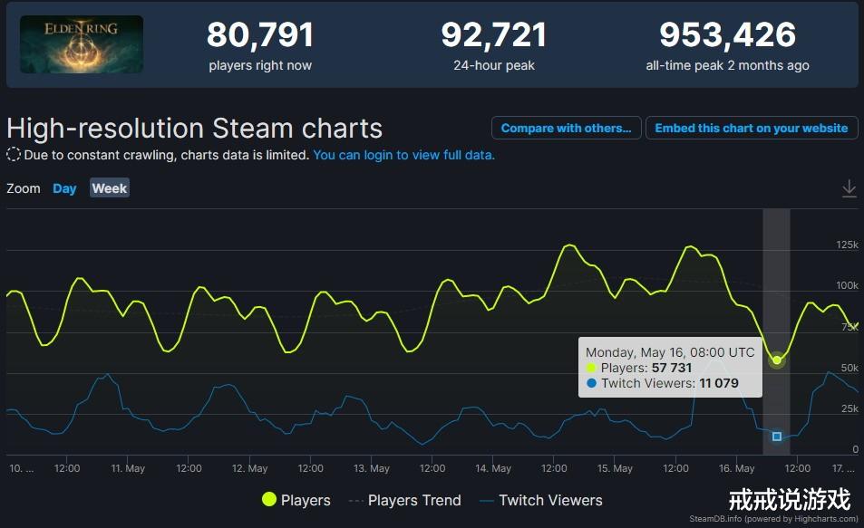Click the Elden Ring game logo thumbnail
pos(82,44)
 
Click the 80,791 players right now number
pos(260,35)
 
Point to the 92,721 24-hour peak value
pos(494,35)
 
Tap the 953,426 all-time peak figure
pos(727,35)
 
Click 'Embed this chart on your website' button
pos(752,128)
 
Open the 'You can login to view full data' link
pos(403,155)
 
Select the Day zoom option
pos(64,188)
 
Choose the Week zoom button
pos(110,188)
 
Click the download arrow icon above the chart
pos(849,188)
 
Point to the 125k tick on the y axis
pos(847,245)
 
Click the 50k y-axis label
pos(849,368)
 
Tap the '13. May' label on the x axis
pos(372,469)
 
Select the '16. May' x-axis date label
pos(737,469)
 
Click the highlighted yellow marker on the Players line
pos(777,360)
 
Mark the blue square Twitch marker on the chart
pos(777,437)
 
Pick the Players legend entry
pos(296,500)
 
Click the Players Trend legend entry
pos(404,500)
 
